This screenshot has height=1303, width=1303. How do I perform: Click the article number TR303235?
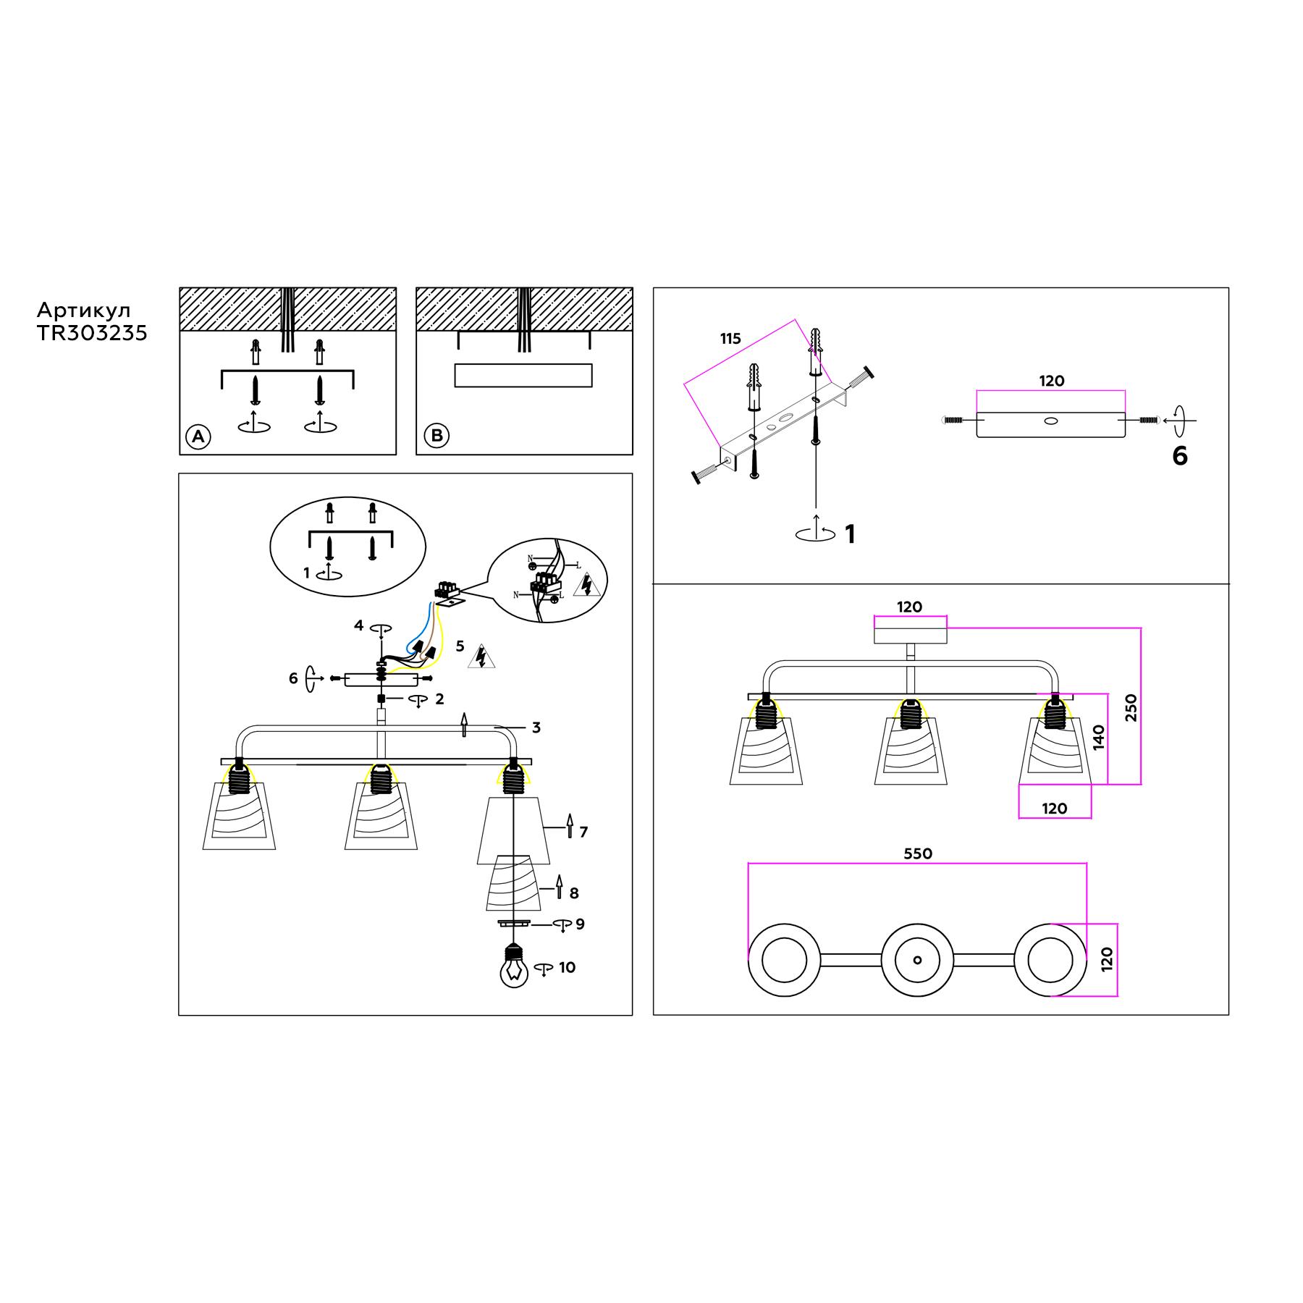pos(92,333)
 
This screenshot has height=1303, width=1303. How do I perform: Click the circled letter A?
pos(198,437)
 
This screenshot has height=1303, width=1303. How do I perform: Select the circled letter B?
pos(437,436)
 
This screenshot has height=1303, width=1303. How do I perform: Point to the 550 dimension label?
pos(918,854)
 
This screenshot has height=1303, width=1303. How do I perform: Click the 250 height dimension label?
pos(1131,707)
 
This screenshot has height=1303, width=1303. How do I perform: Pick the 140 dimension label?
pos(1100,738)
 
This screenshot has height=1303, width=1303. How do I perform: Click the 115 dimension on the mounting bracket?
pos(730,339)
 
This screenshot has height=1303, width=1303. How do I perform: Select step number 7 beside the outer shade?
pos(583,832)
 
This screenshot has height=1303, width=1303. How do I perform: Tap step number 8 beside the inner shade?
pos(574,893)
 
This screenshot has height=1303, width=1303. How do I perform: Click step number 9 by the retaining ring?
pos(580,924)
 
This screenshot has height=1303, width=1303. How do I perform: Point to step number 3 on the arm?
pos(536,728)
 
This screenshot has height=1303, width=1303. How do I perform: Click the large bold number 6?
pos(1180,456)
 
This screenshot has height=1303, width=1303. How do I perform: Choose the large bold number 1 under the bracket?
pos(850,534)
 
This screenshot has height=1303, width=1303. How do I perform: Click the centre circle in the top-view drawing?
pos(917,960)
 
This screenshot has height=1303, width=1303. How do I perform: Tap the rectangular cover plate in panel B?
pos(523,375)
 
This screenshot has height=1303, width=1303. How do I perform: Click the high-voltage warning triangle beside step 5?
pos(481,656)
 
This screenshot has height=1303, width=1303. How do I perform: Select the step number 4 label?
pos(358,625)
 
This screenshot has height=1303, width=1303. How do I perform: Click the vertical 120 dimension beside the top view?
pos(1107,960)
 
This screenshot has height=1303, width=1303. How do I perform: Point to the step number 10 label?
pos(567,968)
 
